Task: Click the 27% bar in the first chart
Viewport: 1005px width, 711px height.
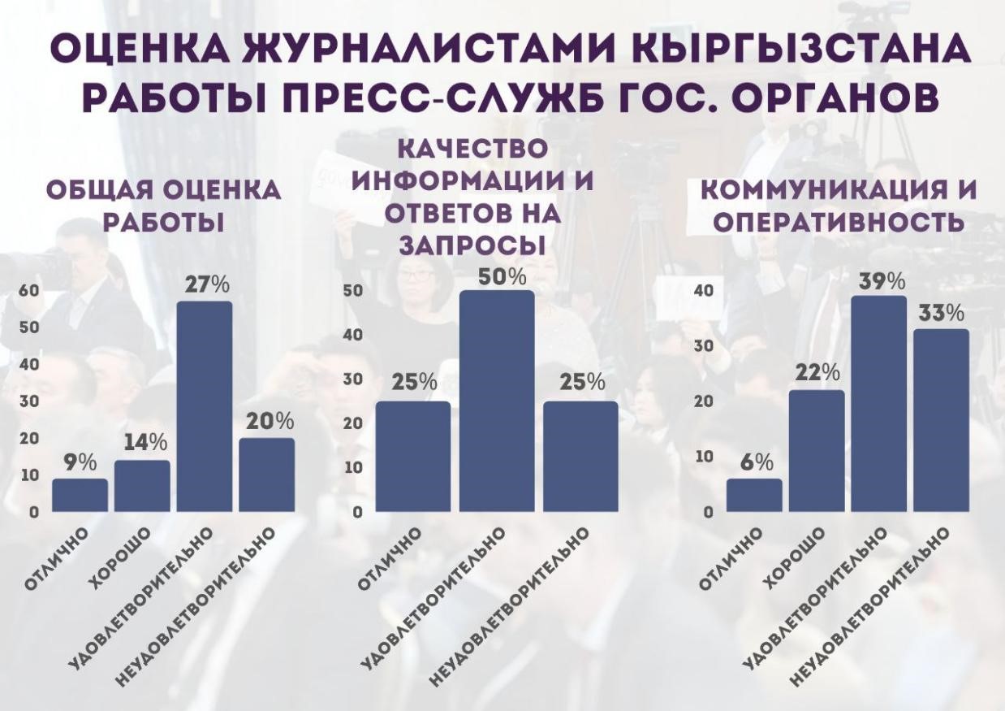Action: click(x=204, y=406)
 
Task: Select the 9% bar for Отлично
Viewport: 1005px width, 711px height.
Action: click(x=80, y=495)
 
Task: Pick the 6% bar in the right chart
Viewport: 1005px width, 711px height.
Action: click(x=754, y=495)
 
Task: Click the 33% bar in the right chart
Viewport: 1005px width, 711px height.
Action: click(x=941, y=420)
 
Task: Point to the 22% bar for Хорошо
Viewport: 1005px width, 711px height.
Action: click(x=816, y=451)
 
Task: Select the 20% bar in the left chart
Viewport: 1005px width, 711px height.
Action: click(x=266, y=475)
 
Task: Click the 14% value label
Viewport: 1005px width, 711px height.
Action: click(x=146, y=443)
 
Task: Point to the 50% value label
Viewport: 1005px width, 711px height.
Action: click(x=502, y=276)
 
